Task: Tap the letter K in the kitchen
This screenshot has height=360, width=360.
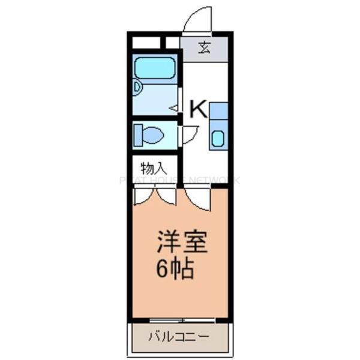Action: coord(199,109)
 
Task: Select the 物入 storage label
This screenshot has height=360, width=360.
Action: coord(154,168)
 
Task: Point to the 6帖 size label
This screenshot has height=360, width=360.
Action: coord(175,269)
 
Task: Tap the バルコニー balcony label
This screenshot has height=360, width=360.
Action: coord(179,337)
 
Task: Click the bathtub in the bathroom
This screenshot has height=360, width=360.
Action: coord(154,68)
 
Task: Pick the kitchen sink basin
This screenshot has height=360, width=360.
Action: coord(218,139)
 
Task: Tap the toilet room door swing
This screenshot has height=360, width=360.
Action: coord(189,134)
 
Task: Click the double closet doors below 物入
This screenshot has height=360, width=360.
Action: coord(155,196)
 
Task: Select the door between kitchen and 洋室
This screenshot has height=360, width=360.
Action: coord(197,199)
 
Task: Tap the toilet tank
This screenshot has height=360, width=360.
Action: coord(137,135)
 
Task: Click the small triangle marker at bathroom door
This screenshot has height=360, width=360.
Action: coord(174,108)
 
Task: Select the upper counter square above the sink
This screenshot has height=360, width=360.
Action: coord(218,110)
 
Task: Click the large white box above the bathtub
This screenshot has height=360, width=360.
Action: coord(146,43)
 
